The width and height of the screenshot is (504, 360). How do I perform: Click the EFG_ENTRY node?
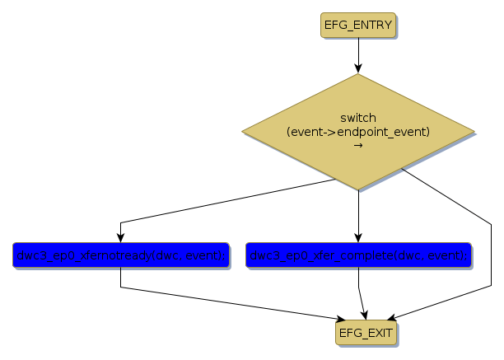point(358,26)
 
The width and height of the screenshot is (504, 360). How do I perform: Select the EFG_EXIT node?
point(366,332)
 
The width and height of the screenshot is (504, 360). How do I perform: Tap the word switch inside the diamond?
point(358,118)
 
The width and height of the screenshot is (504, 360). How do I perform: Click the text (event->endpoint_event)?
point(358,132)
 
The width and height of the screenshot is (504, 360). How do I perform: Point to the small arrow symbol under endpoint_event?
point(358,145)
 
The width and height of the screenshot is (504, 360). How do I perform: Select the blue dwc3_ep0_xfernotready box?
point(120,255)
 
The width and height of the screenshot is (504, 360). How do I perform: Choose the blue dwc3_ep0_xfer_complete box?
point(358,255)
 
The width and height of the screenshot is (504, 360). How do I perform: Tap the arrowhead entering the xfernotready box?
point(120,238)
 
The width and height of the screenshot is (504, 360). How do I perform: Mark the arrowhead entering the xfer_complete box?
point(358,238)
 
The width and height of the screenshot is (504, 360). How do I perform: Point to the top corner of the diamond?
point(358,74)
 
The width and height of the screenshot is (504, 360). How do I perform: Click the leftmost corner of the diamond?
point(242,132)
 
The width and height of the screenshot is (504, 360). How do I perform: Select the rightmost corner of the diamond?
point(475,132)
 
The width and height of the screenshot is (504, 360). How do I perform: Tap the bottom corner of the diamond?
point(358,190)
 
